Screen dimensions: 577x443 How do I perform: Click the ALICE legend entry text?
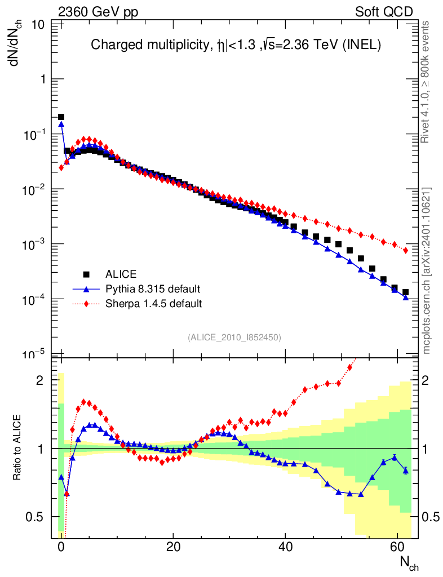click(121, 274)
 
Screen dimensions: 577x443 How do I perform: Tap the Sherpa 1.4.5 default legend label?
click(154, 304)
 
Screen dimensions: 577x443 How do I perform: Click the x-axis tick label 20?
click(173, 547)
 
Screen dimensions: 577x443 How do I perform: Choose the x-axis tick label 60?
click(397, 547)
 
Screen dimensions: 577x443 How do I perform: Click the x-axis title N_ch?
click(409, 562)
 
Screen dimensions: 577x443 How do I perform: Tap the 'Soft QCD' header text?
click(384, 12)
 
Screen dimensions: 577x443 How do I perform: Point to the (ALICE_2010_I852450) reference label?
click(234, 337)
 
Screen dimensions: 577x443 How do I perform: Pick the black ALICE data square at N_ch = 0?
click(61, 117)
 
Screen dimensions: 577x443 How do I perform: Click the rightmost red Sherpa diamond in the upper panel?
click(406, 250)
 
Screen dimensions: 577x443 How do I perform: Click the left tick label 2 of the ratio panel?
click(40, 380)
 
